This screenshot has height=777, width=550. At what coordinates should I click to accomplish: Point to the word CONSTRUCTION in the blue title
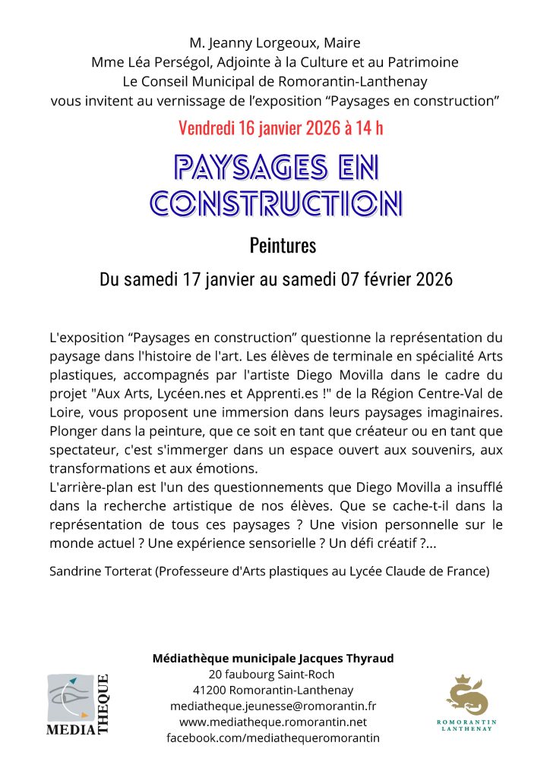tap(275, 202)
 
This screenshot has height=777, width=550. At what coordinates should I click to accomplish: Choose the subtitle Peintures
tap(282, 246)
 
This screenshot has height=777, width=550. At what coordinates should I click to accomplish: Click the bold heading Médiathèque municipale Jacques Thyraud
tap(273, 658)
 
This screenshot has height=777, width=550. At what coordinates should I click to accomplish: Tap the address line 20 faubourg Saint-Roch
tap(270, 674)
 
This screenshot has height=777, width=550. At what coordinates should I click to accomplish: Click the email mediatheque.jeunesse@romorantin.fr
tap(273, 706)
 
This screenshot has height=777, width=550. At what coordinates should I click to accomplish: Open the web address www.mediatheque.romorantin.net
tap(273, 722)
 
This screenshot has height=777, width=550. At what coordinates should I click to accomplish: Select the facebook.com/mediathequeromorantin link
tap(273, 738)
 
